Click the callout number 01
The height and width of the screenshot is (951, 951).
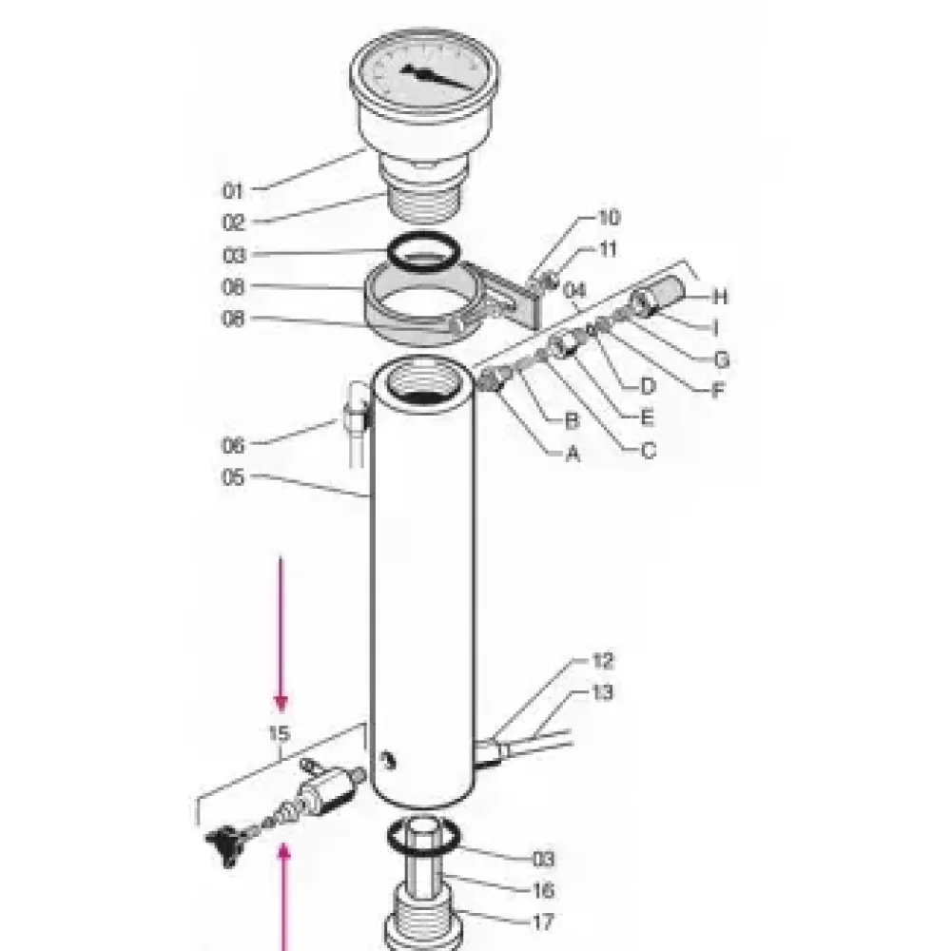pyautogui.click(x=234, y=191)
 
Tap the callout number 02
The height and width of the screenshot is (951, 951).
pyautogui.click(x=234, y=223)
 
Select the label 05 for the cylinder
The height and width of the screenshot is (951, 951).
pyautogui.click(x=234, y=477)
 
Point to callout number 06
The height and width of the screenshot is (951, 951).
pyautogui.click(x=234, y=445)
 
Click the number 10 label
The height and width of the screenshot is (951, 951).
pyautogui.click(x=609, y=218)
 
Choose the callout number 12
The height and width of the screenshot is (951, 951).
pyautogui.click(x=603, y=661)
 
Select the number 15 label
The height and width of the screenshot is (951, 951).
pyautogui.click(x=280, y=734)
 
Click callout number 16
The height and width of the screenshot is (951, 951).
pyautogui.click(x=543, y=891)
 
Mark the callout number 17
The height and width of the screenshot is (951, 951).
pyautogui.click(x=543, y=922)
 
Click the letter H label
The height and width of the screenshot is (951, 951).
pyautogui.click(x=720, y=297)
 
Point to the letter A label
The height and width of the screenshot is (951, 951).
pyautogui.click(x=573, y=455)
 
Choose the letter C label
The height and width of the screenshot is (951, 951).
pyautogui.click(x=649, y=451)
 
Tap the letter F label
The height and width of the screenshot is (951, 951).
pyautogui.click(x=720, y=389)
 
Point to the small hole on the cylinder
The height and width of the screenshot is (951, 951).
pyautogui.click(x=388, y=758)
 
